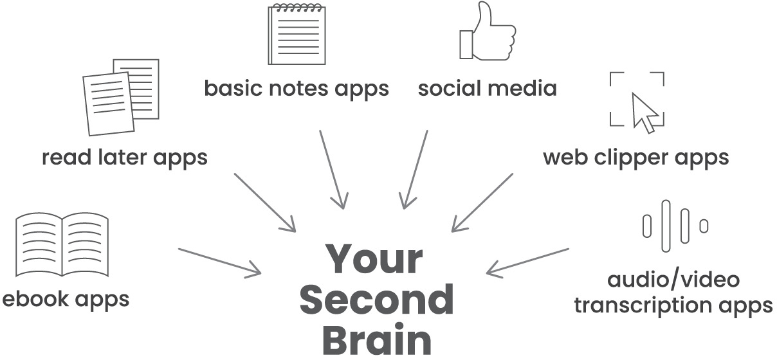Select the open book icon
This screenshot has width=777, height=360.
(62, 246)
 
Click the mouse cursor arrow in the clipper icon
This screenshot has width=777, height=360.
(645, 112)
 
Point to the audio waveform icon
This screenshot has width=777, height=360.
(675, 226)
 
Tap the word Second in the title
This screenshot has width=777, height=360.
(377, 300)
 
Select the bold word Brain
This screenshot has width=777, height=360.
(377, 341)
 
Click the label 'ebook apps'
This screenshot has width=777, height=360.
(66, 299)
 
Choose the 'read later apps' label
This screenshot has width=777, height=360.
(125, 157)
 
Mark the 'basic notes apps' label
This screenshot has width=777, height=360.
(297, 88)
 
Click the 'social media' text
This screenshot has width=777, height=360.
(487, 88)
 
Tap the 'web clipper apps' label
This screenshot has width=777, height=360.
(636, 157)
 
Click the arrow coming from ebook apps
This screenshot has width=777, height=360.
(219, 262)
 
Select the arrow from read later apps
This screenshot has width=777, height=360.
(264, 202)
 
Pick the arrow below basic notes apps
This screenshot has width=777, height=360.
(332, 168)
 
